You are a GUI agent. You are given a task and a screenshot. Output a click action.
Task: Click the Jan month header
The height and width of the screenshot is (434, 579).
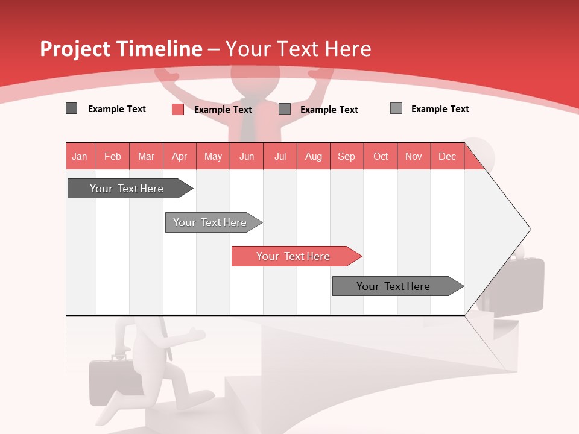click(80, 156)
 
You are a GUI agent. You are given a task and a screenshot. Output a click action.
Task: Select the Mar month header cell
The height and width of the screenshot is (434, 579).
click(146, 156)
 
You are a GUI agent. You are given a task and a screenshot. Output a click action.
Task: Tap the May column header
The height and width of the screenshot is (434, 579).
click(213, 156)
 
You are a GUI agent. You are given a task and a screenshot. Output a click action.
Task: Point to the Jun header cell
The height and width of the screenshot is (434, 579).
click(247, 156)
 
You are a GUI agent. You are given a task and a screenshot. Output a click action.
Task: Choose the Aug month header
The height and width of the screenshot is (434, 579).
click(313, 156)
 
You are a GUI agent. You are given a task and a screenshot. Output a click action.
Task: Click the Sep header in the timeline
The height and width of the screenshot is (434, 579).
click(346, 156)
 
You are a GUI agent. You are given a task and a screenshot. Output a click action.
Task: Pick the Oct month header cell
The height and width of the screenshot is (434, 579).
click(381, 156)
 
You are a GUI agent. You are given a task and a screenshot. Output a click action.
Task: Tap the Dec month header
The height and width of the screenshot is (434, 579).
click(447, 156)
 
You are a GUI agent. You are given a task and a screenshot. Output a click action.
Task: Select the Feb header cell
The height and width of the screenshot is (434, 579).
click(113, 156)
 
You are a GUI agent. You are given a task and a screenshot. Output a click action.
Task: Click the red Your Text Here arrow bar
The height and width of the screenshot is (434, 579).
click(294, 256)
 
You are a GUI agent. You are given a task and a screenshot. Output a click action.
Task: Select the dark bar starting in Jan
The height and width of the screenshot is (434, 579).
click(127, 189)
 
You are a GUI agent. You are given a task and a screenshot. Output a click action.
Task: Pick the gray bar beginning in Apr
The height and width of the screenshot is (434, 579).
click(210, 222)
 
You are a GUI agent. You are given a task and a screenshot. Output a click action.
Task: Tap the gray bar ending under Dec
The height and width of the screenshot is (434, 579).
click(394, 286)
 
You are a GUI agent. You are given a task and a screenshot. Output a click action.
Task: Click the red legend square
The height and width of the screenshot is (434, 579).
click(177, 109)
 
